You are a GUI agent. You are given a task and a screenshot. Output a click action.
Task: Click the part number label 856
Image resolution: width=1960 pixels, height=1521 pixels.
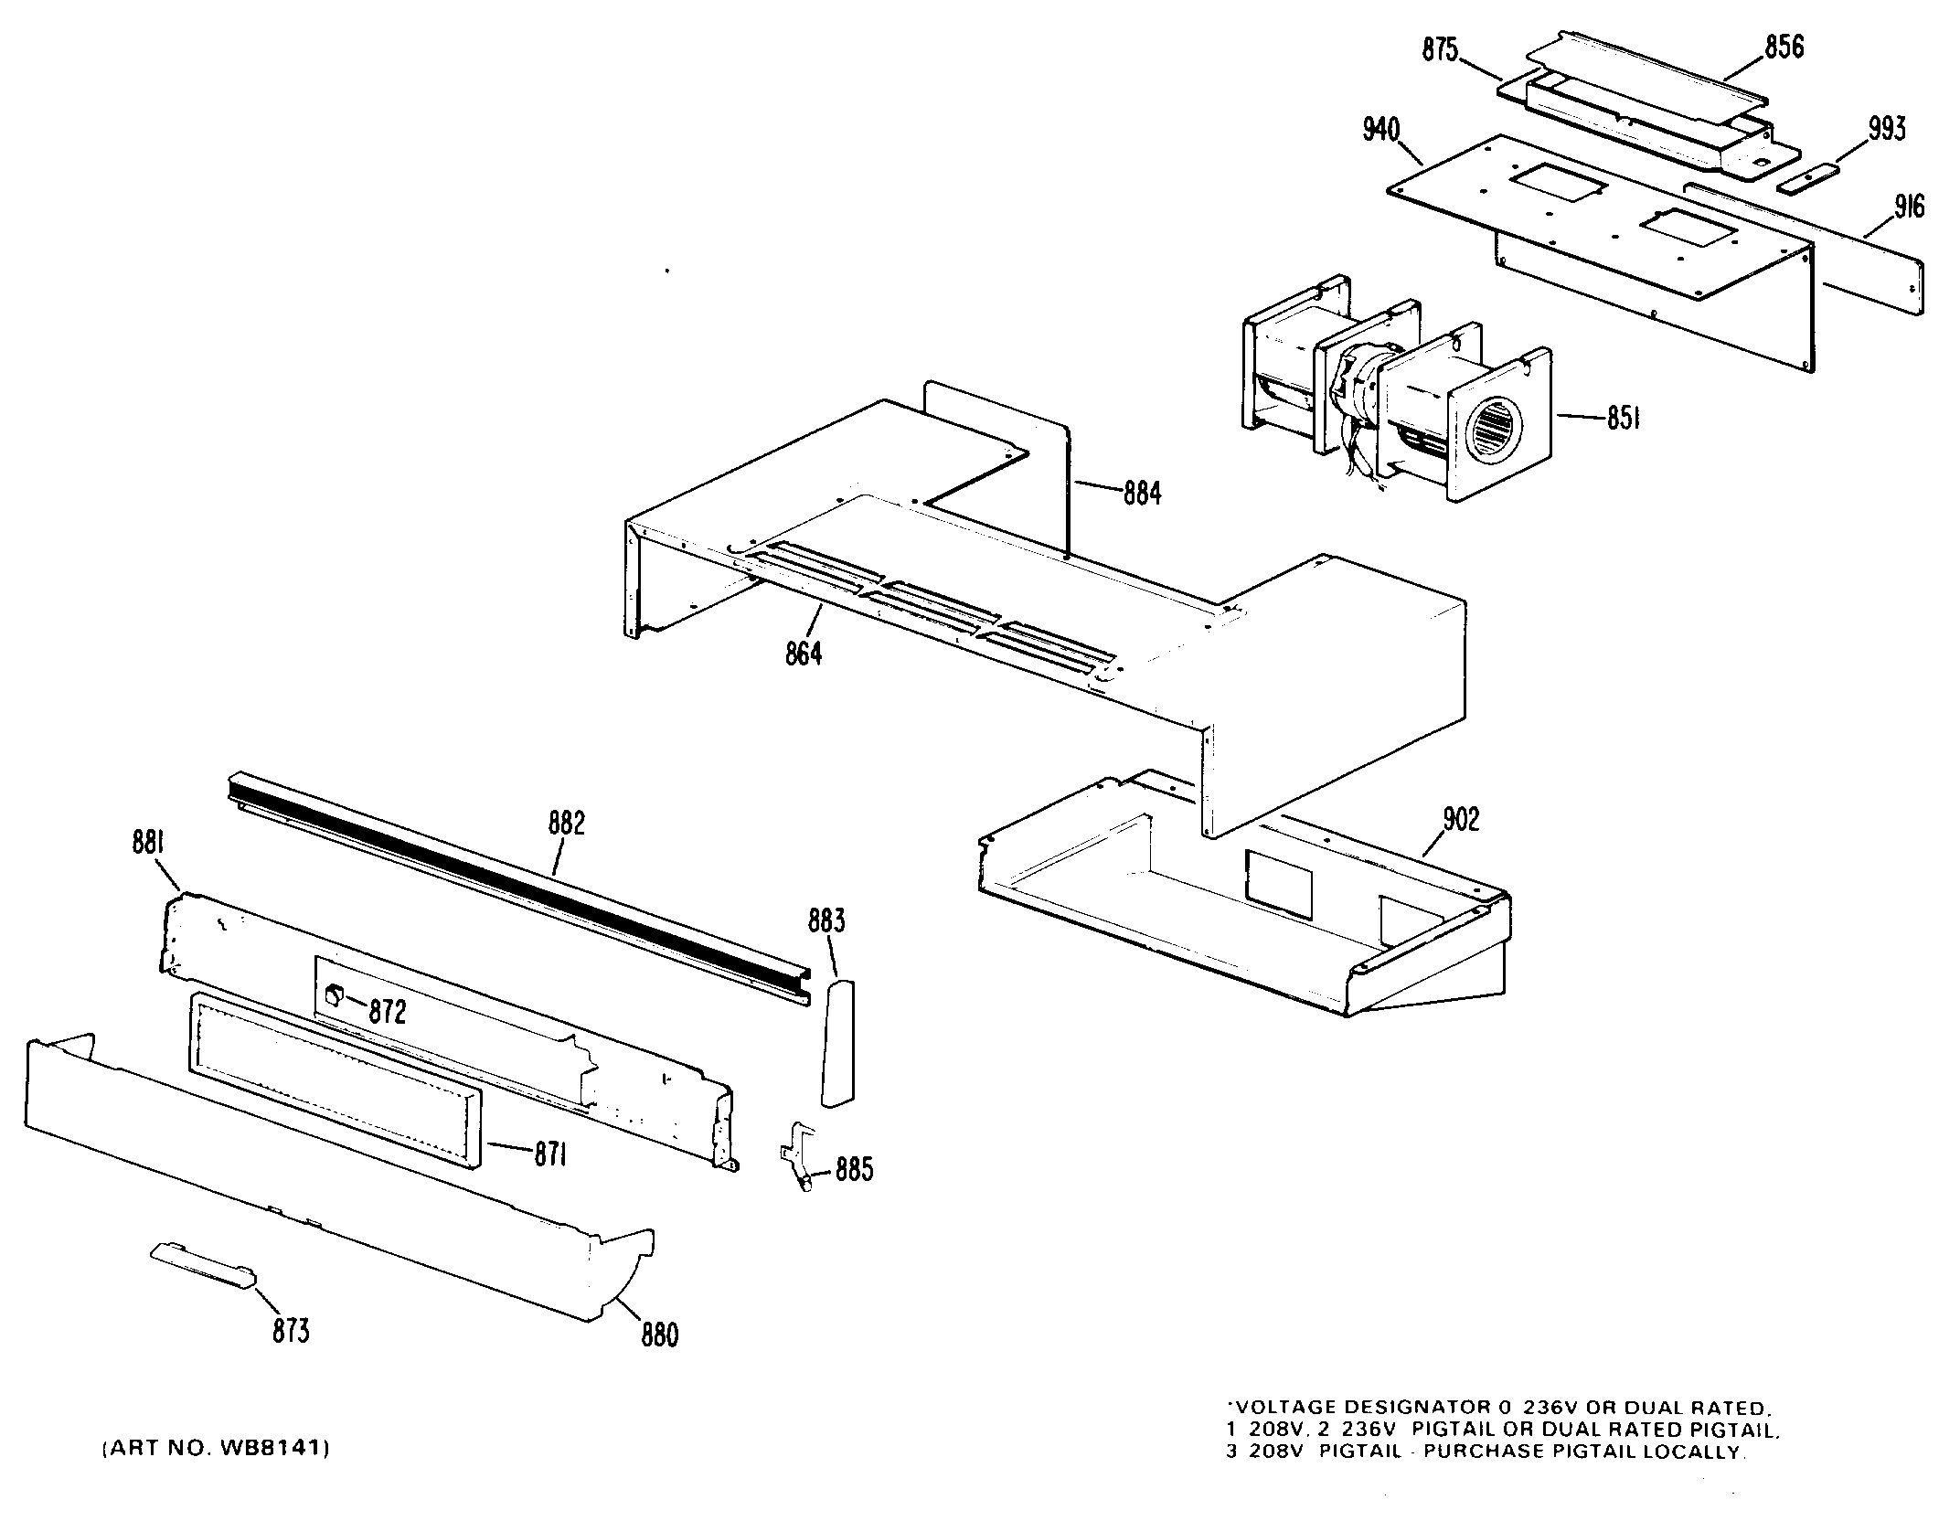(1784, 47)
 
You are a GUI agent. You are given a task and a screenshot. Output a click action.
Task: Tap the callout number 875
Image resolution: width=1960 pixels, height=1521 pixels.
(1440, 49)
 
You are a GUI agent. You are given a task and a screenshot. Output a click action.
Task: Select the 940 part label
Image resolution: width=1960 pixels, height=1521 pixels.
(1380, 131)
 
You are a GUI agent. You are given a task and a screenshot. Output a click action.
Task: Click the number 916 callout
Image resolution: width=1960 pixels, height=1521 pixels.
(1908, 207)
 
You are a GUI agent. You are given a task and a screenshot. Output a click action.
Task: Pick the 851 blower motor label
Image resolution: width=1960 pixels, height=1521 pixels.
(1623, 420)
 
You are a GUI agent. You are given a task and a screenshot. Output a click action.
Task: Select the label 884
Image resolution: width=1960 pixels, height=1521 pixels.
(1142, 494)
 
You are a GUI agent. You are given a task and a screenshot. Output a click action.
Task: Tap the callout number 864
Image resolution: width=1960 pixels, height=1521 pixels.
(804, 654)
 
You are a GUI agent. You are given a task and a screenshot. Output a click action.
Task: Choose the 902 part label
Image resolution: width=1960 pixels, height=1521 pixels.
(1460, 820)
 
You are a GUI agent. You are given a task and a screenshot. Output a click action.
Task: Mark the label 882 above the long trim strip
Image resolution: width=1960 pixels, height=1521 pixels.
(567, 824)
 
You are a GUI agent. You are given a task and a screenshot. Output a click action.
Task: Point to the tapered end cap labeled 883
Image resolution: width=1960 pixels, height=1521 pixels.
(838, 1042)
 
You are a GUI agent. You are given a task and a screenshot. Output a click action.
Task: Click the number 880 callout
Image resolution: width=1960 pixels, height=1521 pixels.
(659, 1335)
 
